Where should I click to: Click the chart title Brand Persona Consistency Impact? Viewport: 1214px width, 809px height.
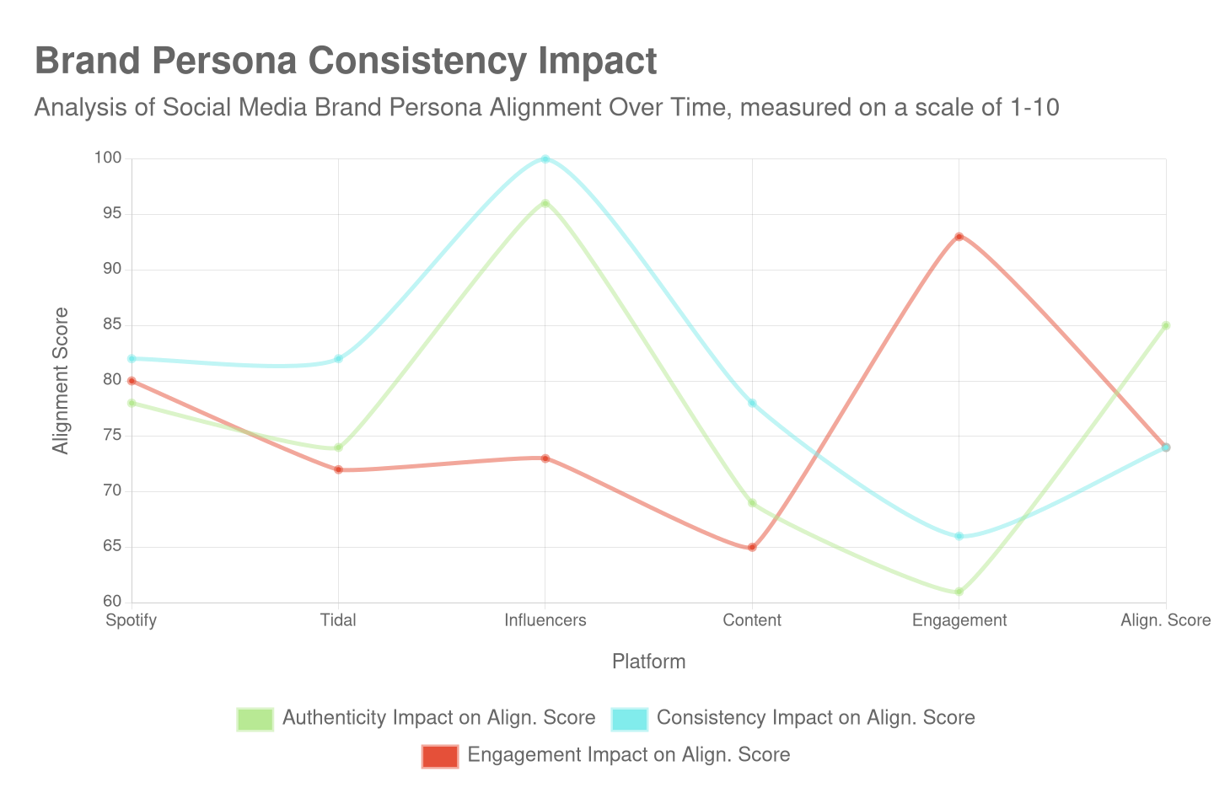[346, 62]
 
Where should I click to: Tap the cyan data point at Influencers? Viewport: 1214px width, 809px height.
[545, 158]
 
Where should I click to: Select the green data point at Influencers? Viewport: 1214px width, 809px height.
[545, 203]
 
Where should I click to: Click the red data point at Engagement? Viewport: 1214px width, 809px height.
[959, 237]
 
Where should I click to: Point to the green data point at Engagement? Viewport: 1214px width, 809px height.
[959, 592]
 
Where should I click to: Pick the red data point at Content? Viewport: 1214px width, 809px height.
[752, 548]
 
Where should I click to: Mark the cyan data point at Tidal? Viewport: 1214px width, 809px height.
[338, 359]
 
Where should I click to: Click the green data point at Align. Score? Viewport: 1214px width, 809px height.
[1166, 325]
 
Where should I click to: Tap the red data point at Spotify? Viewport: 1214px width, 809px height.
[132, 381]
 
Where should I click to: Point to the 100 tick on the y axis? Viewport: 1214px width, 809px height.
[108, 158]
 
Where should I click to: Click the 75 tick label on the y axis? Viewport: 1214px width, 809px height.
[112, 435]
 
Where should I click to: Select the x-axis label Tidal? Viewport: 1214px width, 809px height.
[338, 620]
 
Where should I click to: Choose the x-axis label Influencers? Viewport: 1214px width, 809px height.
[545, 620]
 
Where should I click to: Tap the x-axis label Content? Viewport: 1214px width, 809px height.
[752, 620]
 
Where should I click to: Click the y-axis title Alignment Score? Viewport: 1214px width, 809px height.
[61, 380]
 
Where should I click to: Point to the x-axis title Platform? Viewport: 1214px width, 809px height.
[648, 662]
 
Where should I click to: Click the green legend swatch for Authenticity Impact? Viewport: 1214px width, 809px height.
[255, 719]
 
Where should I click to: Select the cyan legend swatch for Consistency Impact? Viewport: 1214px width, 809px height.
[630, 719]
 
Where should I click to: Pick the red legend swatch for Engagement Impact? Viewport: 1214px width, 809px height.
[440, 756]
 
